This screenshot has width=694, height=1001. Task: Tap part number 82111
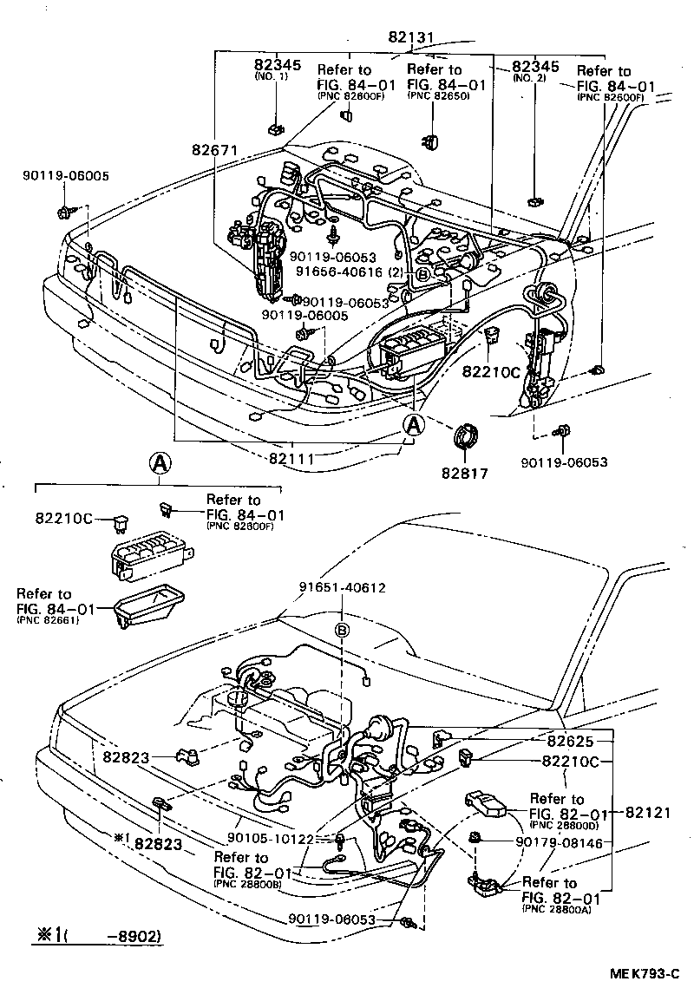pyautogui.click(x=291, y=455)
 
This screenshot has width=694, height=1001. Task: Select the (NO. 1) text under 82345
pyautogui.click(x=275, y=77)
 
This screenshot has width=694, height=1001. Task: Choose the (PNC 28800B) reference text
pyautogui.click(x=246, y=884)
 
